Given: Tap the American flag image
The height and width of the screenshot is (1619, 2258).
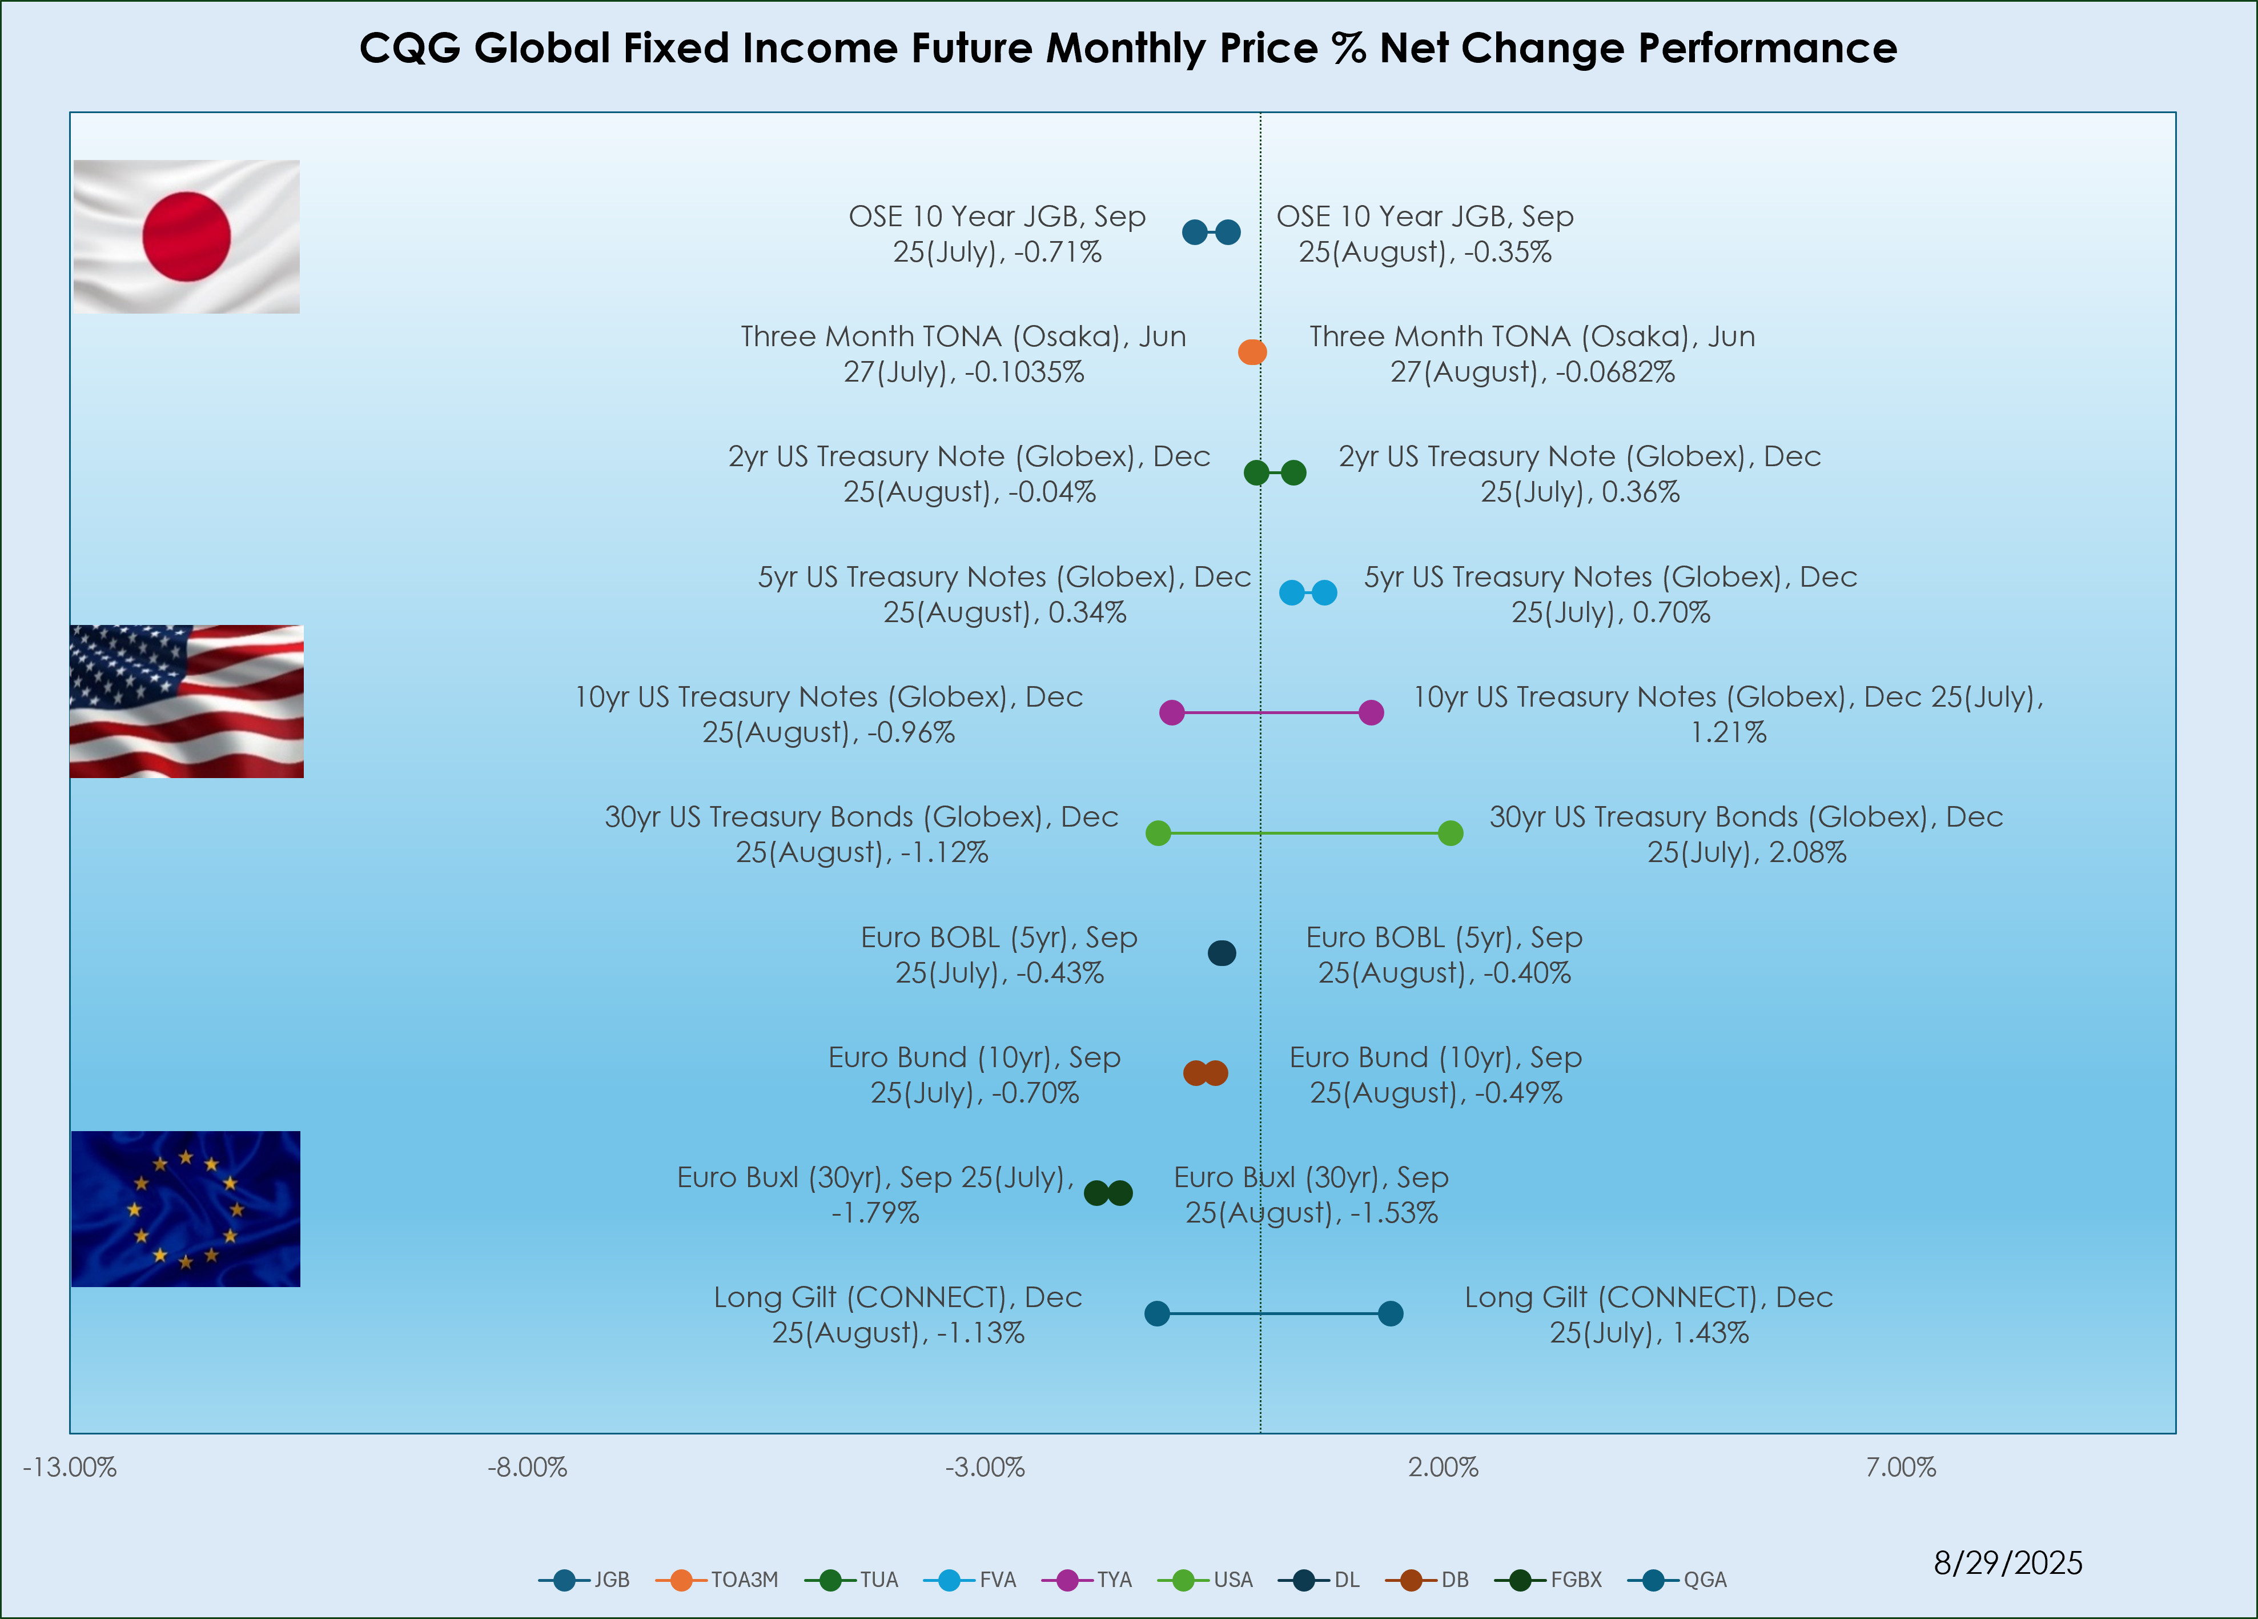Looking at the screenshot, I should pyautogui.click(x=186, y=701).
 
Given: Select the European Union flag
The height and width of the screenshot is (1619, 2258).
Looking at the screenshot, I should pyautogui.click(x=186, y=1209).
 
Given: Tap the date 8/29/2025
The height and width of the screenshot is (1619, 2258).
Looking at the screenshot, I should pyautogui.click(x=2007, y=1563).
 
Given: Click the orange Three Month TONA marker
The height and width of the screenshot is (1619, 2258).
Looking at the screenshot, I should pyautogui.click(x=1252, y=351).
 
